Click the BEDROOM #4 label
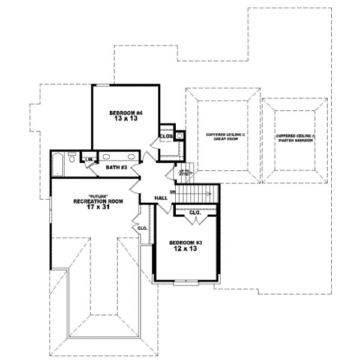click(125, 113)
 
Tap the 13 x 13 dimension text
click(125, 119)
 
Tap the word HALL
click(161, 197)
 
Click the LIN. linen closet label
click(89, 159)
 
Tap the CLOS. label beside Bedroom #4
click(166, 136)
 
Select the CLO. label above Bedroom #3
click(194, 212)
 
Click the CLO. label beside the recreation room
click(143, 228)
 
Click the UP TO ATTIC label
click(185, 173)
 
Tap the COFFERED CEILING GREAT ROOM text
click(222, 136)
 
